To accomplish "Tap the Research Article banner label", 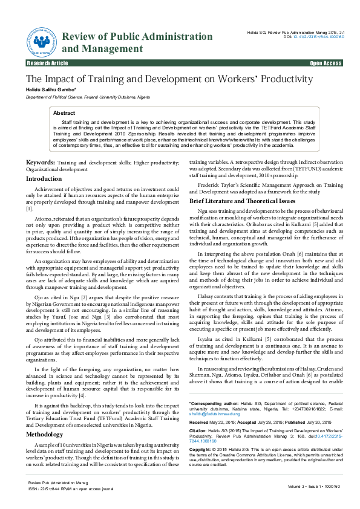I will click(x=47, y=63).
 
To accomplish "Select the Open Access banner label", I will click(x=326, y=63).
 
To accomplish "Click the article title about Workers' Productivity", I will click(x=169, y=79).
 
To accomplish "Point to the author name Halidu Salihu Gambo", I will click(x=50, y=89).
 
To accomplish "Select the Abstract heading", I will click(x=64, y=113).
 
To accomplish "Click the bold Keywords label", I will click(x=39, y=163).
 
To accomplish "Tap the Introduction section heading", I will click(x=44, y=179).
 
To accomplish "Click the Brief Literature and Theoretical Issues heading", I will click(x=242, y=200).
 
